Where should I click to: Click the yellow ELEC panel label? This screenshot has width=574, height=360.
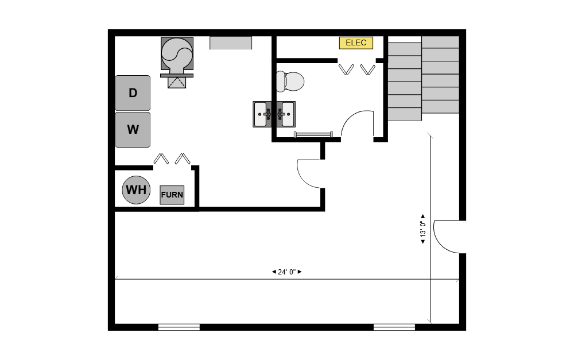tap(356, 42)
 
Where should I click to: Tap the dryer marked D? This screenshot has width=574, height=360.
tap(133, 93)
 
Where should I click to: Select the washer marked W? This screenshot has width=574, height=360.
tap(133, 130)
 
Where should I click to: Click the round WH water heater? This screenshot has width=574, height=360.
tap(136, 190)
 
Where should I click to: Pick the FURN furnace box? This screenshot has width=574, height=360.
tap(172, 195)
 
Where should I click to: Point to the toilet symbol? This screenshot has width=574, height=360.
tap(290, 82)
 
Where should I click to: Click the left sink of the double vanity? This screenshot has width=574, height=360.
tap(262, 114)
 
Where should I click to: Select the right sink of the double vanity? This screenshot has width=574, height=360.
tap(286, 114)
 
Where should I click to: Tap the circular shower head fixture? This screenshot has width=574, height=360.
tap(177, 54)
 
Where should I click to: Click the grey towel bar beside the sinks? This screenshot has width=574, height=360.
tap(313, 134)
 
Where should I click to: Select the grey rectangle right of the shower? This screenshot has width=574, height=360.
tap(231, 43)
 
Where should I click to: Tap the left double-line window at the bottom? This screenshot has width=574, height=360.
tap(179, 327)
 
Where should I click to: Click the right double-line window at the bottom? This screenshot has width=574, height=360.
tap(394, 327)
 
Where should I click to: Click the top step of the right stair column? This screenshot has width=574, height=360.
tap(440, 42)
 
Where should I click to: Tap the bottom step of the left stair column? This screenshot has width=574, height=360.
tap(405, 114)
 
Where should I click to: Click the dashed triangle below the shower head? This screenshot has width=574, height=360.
tap(177, 82)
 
